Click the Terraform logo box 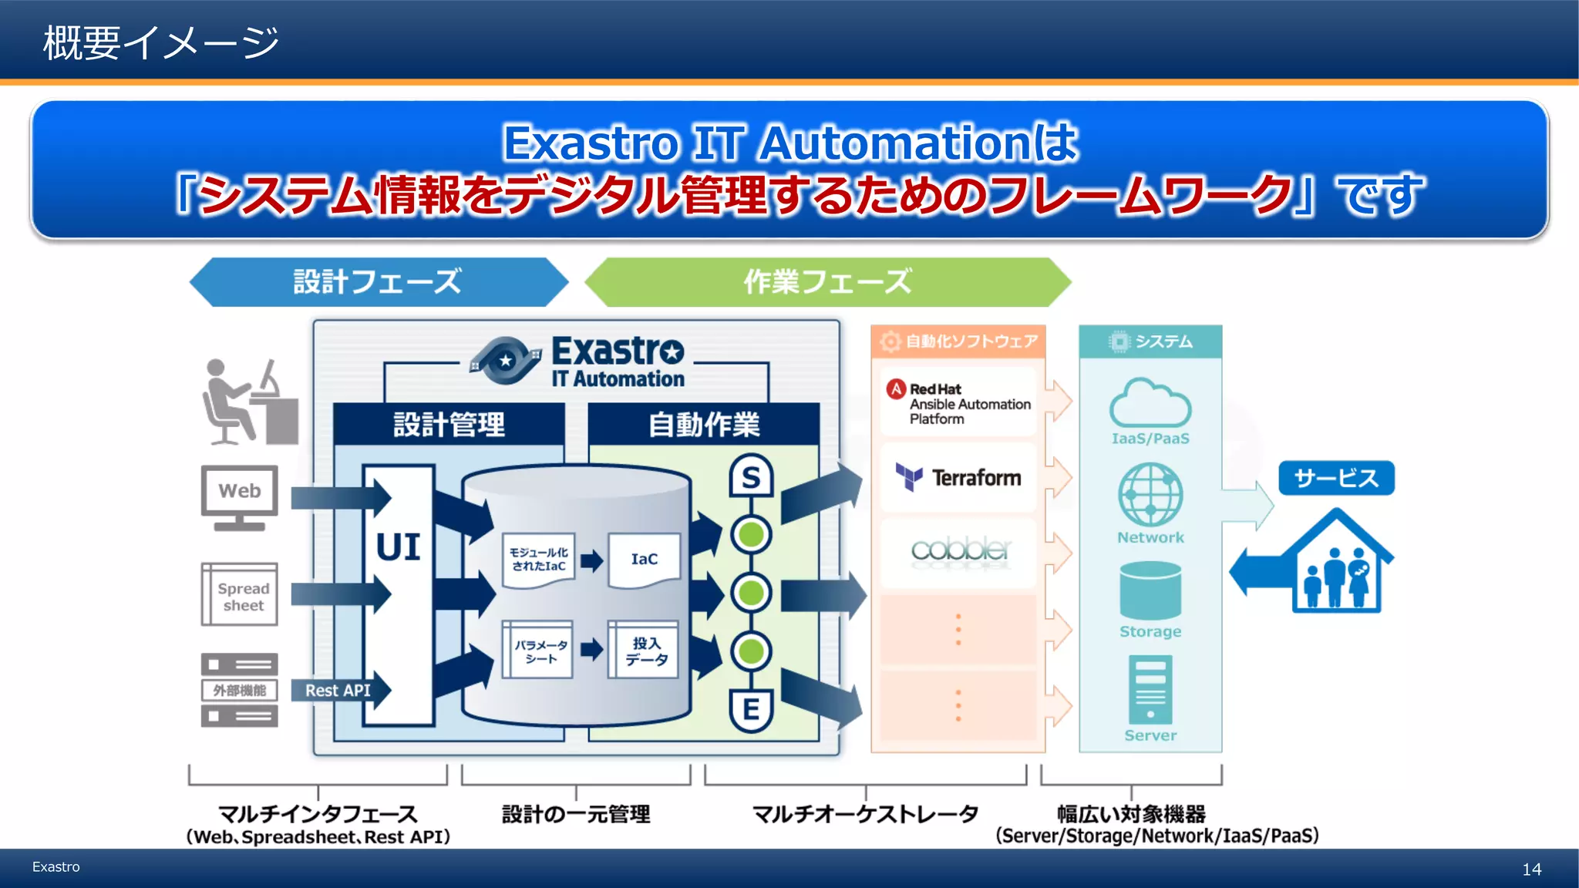[x=958, y=478]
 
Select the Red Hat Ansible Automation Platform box [x=958, y=403]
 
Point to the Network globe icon [x=1150, y=494]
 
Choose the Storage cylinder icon [x=1150, y=590]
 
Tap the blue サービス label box [x=1336, y=478]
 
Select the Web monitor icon [x=240, y=497]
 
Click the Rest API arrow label [x=338, y=691]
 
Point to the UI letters [x=398, y=547]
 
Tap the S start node [x=751, y=478]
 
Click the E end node [x=751, y=709]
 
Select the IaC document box [x=645, y=560]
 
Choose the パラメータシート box [x=539, y=651]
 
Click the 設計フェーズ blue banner [x=378, y=282]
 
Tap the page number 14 [x=1531, y=869]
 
